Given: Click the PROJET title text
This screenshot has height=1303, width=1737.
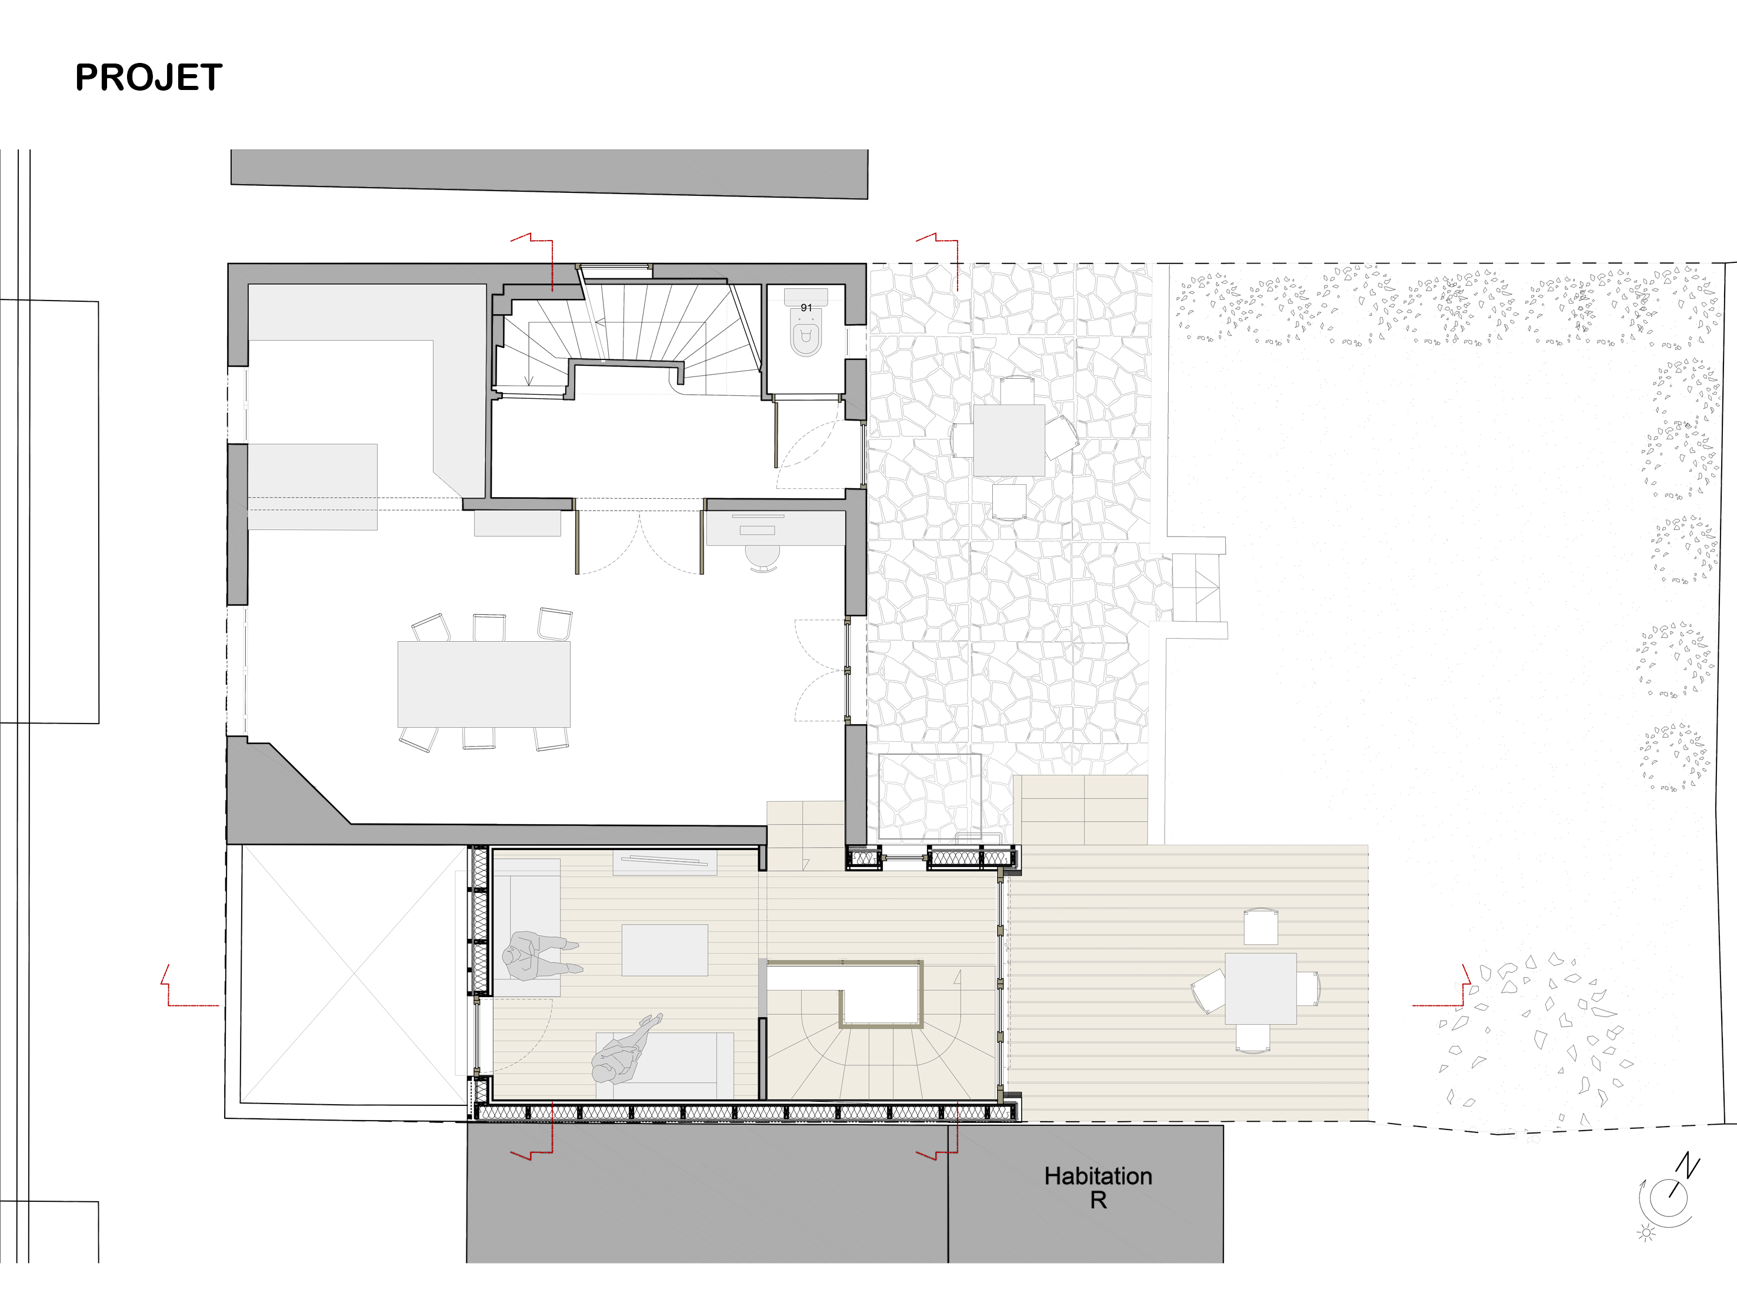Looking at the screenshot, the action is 148,78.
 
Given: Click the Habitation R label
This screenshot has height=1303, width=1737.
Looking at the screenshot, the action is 1098,1188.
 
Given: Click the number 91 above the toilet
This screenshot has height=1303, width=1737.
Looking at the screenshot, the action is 806,308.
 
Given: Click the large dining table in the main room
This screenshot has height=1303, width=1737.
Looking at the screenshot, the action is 484,684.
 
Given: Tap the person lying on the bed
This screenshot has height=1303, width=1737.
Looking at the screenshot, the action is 626,1049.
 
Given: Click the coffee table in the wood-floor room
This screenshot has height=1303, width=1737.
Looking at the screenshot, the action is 664,949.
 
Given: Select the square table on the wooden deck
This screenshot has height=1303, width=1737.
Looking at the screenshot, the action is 1261,989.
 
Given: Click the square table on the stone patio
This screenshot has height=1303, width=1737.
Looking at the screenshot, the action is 1009,440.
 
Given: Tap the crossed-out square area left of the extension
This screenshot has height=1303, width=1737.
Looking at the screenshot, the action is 354,974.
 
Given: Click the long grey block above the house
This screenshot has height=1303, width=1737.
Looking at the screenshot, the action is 549,173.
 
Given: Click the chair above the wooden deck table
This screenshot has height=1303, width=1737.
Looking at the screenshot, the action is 1261,927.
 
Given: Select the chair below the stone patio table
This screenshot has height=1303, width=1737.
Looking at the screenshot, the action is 1009,502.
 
